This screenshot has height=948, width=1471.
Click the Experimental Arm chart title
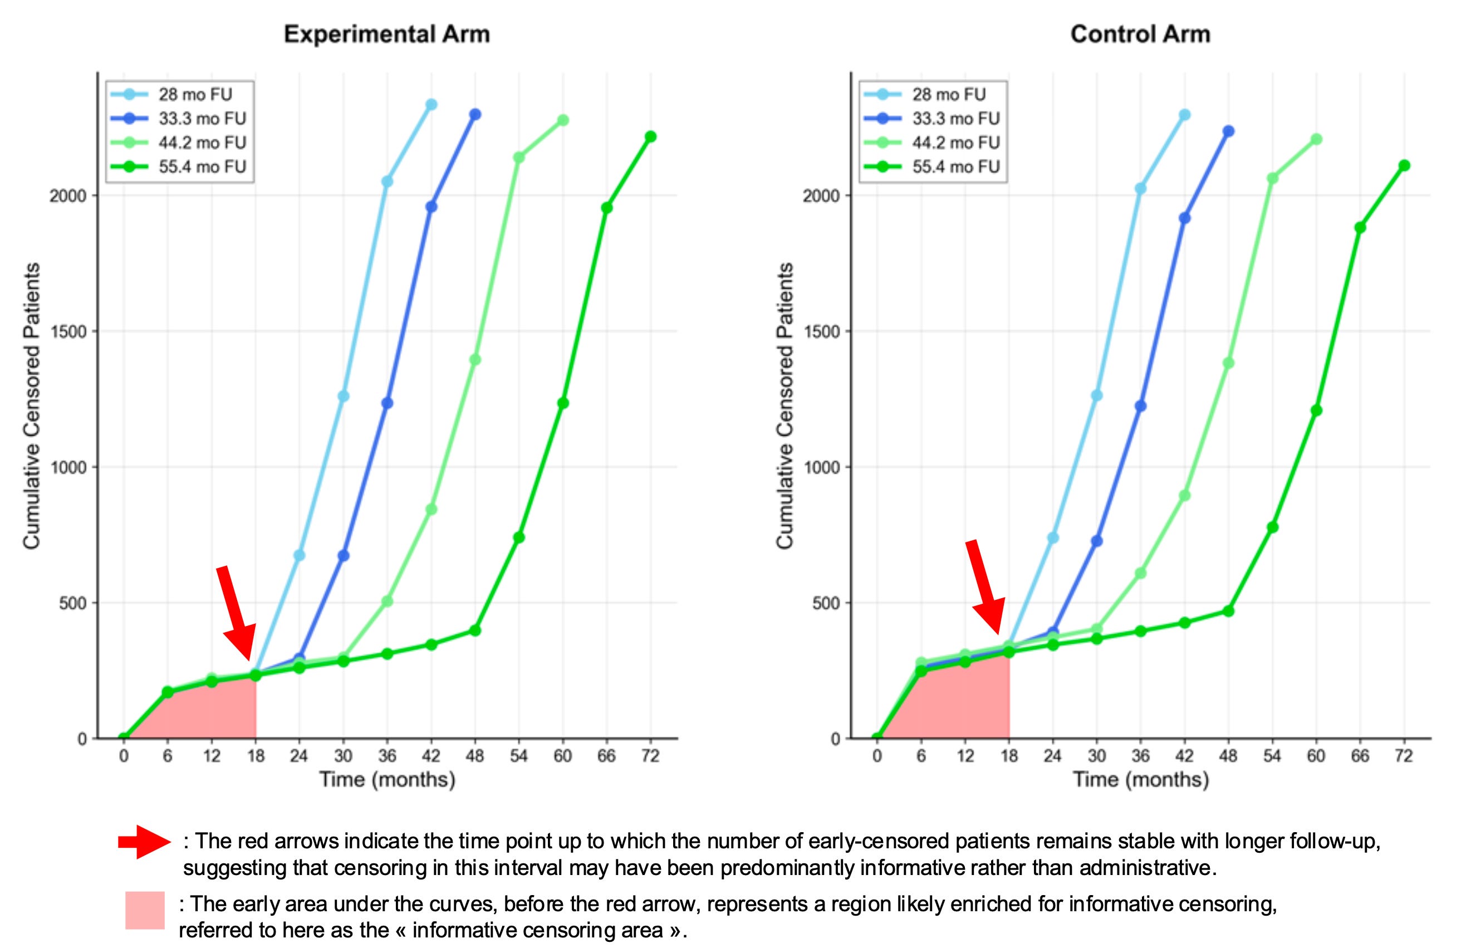[x=386, y=34]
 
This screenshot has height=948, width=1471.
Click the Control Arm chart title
[x=1140, y=34]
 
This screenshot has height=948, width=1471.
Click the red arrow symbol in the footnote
[x=145, y=841]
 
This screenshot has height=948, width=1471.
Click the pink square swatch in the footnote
[x=145, y=910]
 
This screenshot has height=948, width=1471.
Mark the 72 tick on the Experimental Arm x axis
[x=650, y=755]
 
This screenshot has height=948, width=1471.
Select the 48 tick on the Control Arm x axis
[x=1228, y=755]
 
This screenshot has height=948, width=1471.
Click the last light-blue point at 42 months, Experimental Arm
[x=432, y=104]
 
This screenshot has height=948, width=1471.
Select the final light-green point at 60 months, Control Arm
[x=1316, y=139]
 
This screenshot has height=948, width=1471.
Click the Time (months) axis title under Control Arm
[x=1141, y=780]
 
